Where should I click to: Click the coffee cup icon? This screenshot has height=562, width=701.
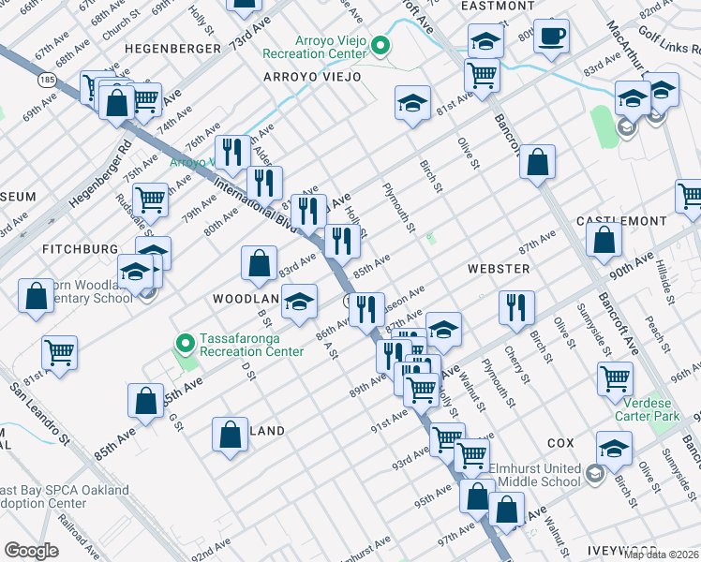tap(552, 36)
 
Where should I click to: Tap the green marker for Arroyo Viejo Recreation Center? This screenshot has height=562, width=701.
tap(381, 45)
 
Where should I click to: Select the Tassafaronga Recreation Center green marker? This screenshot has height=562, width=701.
tap(185, 344)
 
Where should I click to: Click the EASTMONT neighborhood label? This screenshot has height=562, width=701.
tap(498, 6)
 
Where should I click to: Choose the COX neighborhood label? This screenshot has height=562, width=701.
tap(560, 441)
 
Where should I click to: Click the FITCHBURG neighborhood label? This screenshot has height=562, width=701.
tap(80, 249)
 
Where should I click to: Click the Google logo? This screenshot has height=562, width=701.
tap(31, 550)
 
